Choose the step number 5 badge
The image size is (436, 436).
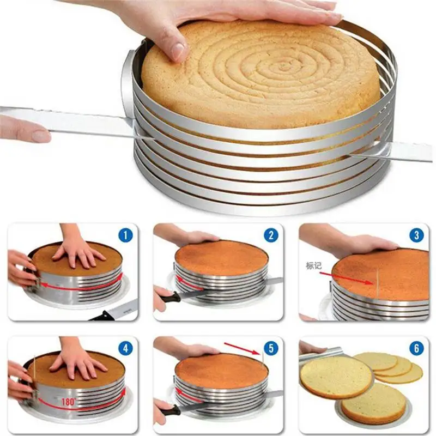pos(270,349)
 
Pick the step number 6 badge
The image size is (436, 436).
pos(416,349)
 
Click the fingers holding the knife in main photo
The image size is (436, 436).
pos(25,130)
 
